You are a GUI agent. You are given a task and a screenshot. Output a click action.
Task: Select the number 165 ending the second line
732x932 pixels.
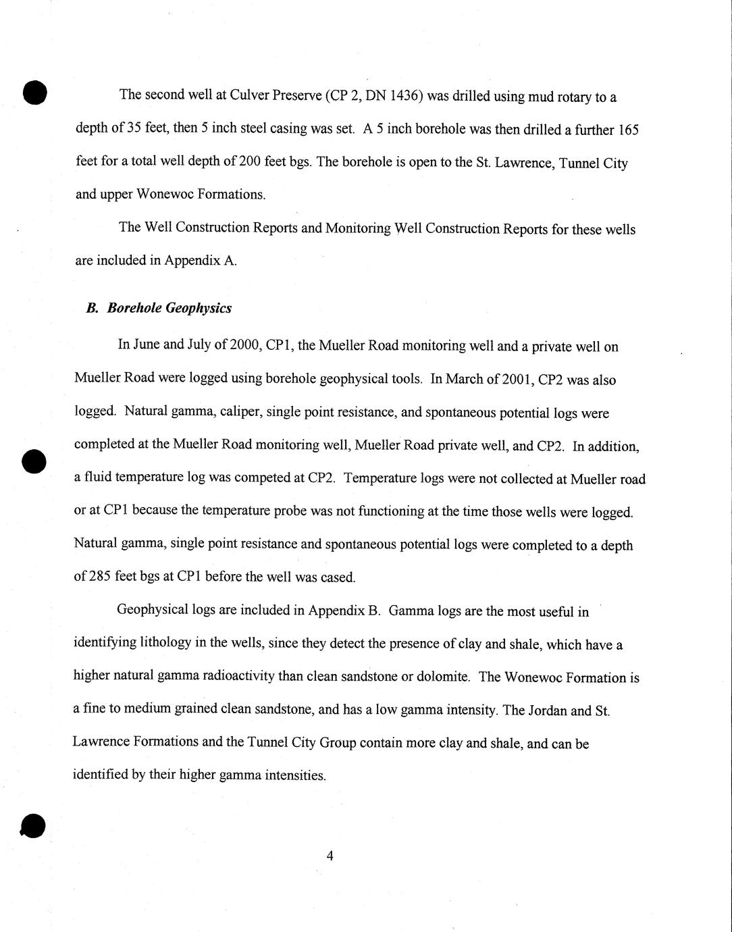point(628,130)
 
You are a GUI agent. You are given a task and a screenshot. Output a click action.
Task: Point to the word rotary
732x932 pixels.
point(572,97)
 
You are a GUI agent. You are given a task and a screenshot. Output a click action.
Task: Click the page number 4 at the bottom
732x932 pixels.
point(330,856)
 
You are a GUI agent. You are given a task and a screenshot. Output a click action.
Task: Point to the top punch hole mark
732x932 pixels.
point(34,92)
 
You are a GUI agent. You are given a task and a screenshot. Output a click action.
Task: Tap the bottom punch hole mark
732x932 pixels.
point(33,826)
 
